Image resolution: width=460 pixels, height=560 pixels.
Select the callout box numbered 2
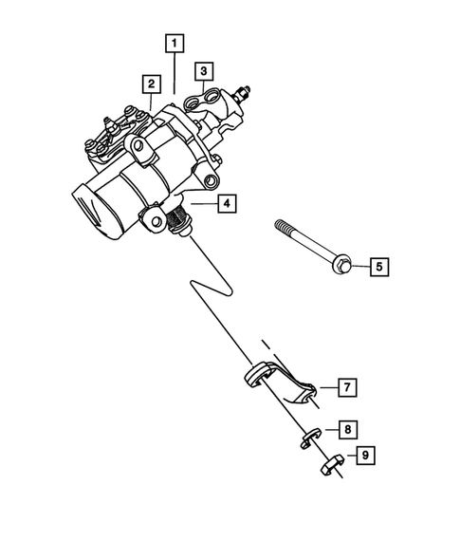pyautogui.click(x=150, y=84)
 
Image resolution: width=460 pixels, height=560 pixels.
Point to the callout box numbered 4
pyautogui.click(x=224, y=202)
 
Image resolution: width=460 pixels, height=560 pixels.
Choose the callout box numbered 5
pyautogui.click(x=377, y=267)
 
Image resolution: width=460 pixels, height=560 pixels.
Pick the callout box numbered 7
pyautogui.click(x=347, y=387)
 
